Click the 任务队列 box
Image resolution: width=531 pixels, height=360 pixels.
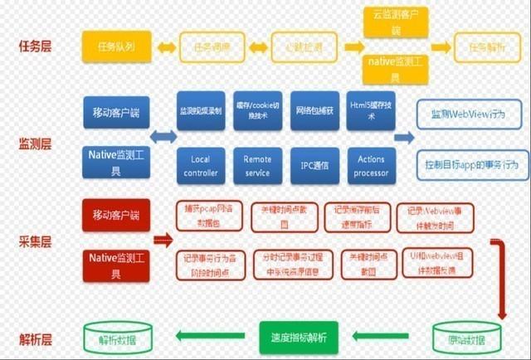click(x=116, y=46)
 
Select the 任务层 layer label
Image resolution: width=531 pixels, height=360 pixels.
click(x=35, y=46)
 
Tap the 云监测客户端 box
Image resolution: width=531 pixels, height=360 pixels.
click(x=395, y=22)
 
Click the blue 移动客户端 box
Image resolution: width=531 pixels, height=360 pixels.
click(x=116, y=111)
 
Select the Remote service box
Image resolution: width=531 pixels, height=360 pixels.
click(x=257, y=165)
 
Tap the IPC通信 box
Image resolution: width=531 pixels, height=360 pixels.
click(x=314, y=165)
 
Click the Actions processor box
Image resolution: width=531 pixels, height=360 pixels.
click(x=370, y=165)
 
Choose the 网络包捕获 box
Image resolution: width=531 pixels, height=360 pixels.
click(x=314, y=111)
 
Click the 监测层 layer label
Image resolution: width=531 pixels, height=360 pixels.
click(x=35, y=144)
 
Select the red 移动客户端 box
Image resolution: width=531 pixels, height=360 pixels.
click(x=116, y=215)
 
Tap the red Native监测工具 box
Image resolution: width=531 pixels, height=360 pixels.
click(x=116, y=265)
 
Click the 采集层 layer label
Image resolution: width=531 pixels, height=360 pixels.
click(x=35, y=241)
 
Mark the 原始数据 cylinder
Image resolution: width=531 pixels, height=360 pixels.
click(x=460, y=338)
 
